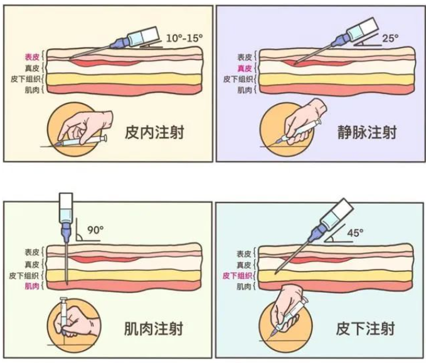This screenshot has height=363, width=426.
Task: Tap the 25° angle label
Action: [390, 38]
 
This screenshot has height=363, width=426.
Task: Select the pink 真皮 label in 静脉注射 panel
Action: [245, 68]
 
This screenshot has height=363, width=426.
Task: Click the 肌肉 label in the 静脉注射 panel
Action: [245, 90]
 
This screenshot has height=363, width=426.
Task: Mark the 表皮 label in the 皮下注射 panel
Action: [245, 253]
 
